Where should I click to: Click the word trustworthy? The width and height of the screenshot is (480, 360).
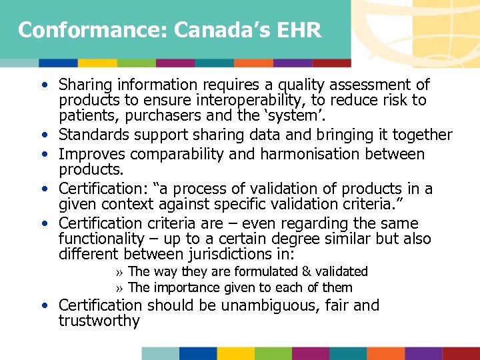(99, 321)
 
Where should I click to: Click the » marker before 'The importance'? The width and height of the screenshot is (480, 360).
(119, 288)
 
